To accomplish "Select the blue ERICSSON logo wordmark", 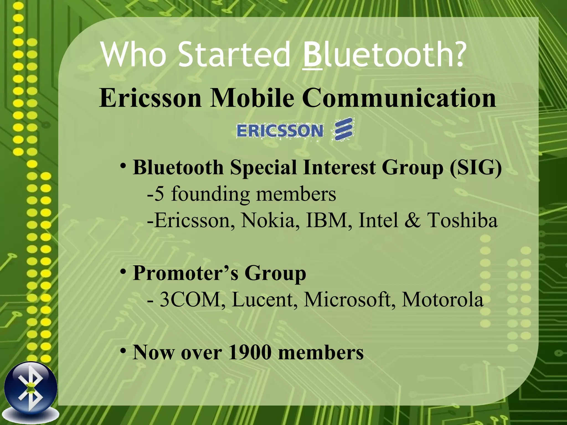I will point(280,131).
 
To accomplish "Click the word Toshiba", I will point(462,221).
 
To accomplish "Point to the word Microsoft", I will point(350,300).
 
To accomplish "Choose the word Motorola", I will point(442,300).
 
